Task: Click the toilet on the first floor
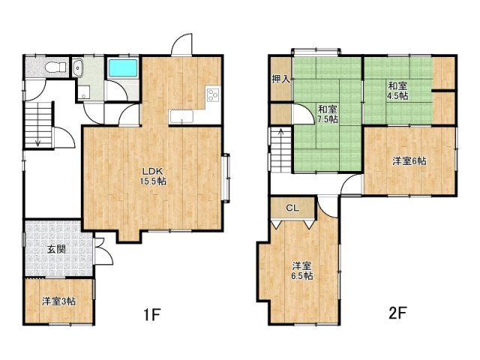point(55,67)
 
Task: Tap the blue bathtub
point(123,68)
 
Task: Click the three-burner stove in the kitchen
point(213,94)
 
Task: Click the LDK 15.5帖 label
point(153,176)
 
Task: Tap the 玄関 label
point(56,250)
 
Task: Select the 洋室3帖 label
point(58,301)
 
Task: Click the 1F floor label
point(152,314)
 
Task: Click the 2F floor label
point(397,313)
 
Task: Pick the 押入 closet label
point(280,79)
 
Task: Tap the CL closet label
point(292,208)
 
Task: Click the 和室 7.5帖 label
point(328,114)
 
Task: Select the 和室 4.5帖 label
point(397,91)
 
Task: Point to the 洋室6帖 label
point(409,160)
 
